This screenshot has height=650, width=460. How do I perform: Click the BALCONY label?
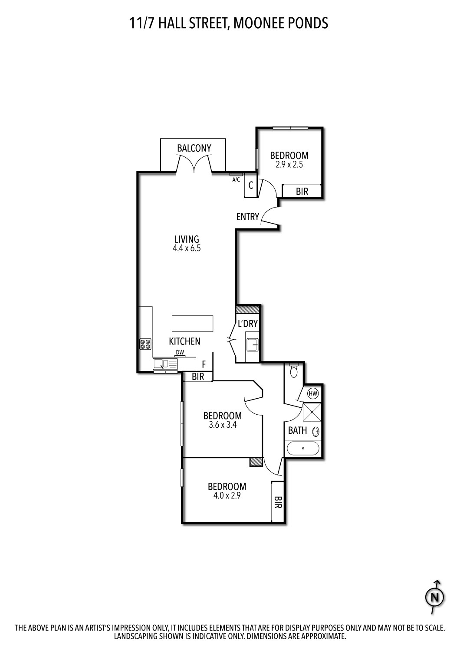pyautogui.click(x=194, y=148)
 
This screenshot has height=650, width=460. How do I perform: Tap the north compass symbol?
pyautogui.click(x=435, y=598)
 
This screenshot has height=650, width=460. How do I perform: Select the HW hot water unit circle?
pyautogui.click(x=313, y=394)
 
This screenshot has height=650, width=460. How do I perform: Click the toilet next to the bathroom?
pyautogui.click(x=293, y=371)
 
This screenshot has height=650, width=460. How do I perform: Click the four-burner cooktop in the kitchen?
pyautogui.click(x=145, y=344)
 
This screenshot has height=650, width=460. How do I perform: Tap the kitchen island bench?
pyautogui.click(x=193, y=323)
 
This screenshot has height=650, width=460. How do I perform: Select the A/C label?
pyautogui.click(x=236, y=180)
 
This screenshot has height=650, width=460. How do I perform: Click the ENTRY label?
pyautogui.click(x=247, y=217)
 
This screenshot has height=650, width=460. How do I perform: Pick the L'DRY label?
pyautogui.click(x=248, y=323)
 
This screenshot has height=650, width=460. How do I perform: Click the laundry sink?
pyautogui.click(x=252, y=345)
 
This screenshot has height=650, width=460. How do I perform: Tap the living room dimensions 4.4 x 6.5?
pyautogui.click(x=187, y=249)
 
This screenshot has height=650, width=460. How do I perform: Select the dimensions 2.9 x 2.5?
pyautogui.click(x=289, y=165)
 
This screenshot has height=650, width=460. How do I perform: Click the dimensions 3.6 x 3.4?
pyautogui.click(x=222, y=425)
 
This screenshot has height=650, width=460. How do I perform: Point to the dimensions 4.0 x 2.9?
pyautogui.click(x=227, y=496)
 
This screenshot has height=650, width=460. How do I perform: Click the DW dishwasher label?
pyautogui.click(x=180, y=353)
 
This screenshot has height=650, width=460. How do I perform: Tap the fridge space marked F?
pyautogui.click(x=204, y=364)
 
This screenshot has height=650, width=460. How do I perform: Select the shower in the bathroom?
pyautogui.click(x=312, y=412)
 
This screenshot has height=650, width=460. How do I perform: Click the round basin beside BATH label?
pyautogui.click(x=316, y=432)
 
